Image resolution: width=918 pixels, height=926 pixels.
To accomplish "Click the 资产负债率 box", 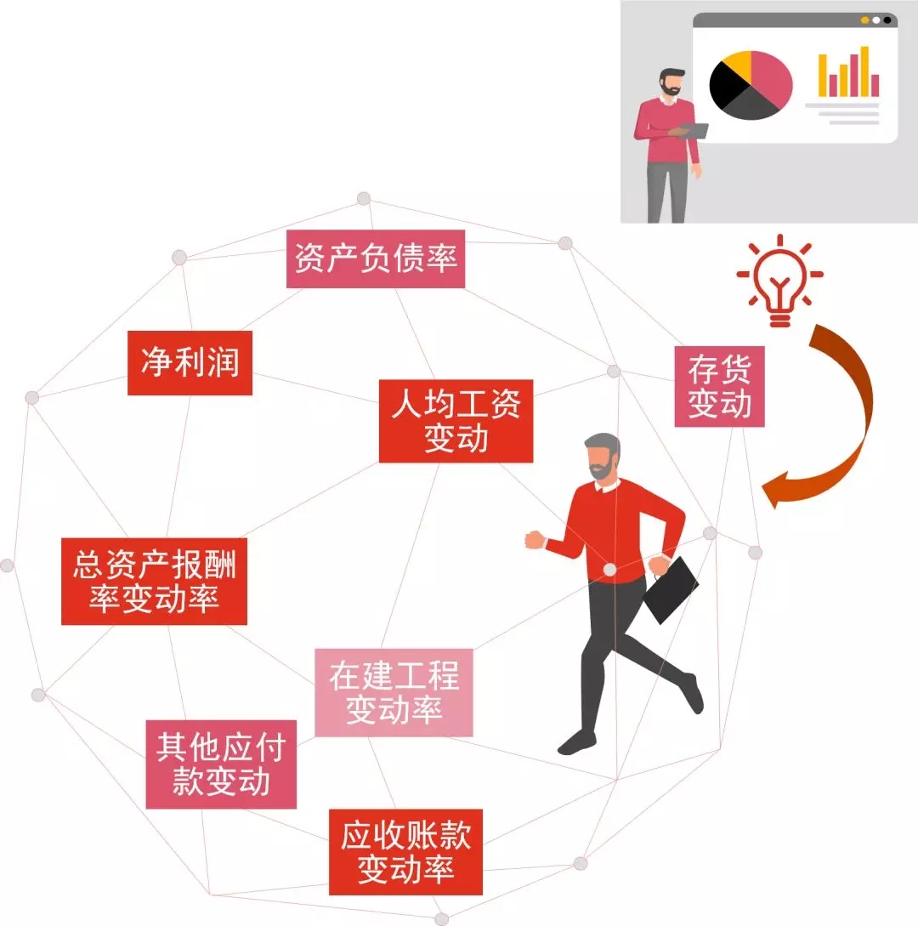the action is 376,258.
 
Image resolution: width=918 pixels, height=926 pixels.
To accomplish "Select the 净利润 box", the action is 190,362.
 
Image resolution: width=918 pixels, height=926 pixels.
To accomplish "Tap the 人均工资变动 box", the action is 456,421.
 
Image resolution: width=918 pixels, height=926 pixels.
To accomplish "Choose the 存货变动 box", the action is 720,386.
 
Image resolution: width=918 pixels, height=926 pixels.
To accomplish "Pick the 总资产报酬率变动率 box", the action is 154,581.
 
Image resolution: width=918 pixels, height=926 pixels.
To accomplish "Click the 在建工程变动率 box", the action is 394,693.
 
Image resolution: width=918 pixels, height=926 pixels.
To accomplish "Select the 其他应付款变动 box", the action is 221,764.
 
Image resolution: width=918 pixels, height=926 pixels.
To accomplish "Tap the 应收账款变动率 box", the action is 405,852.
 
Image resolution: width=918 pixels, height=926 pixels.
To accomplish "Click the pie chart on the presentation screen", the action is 751,85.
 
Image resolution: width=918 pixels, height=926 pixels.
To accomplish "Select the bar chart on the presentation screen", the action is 848,72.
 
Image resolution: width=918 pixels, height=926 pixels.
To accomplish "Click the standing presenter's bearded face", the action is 671,82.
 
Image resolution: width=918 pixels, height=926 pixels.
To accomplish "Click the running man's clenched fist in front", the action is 535,539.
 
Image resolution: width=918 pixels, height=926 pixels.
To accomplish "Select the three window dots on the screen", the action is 876,20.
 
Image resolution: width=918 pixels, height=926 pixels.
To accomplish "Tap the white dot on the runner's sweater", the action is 609,570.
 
